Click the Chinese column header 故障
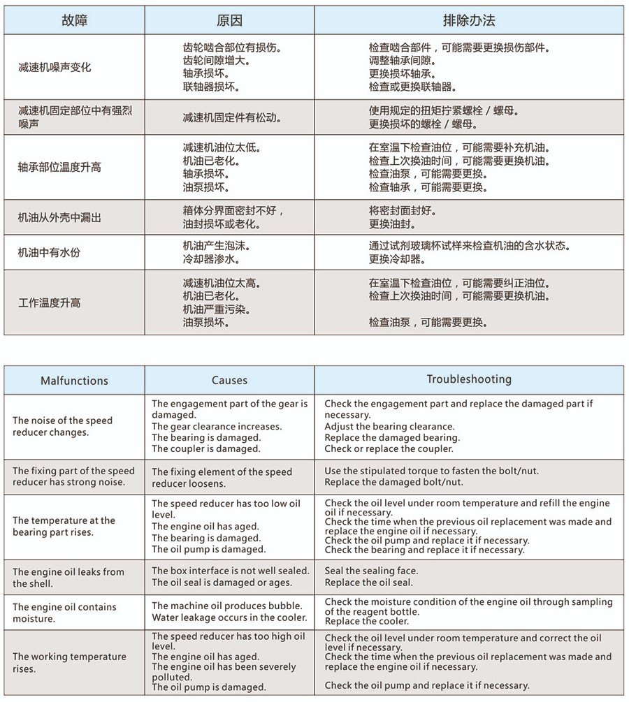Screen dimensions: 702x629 (x=74, y=20)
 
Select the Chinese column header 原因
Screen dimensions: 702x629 (x=229, y=20)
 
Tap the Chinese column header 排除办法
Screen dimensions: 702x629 (x=468, y=20)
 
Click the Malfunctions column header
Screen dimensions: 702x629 (x=74, y=381)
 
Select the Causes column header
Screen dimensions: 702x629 (x=229, y=381)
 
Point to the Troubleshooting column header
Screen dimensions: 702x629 (x=469, y=379)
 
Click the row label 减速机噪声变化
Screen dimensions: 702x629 (x=55, y=68)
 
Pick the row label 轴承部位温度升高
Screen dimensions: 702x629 (x=59, y=168)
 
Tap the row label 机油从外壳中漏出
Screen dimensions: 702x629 (x=59, y=218)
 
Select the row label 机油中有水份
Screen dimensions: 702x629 (x=49, y=252)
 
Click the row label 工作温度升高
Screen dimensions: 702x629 (x=49, y=303)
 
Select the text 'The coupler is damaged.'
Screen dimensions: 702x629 (x=206, y=449)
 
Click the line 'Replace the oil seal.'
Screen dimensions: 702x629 (x=369, y=583)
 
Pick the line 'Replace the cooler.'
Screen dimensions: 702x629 (x=367, y=622)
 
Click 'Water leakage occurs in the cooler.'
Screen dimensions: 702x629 (x=229, y=617)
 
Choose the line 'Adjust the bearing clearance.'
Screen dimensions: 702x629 (x=389, y=427)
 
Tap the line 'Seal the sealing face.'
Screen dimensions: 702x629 (x=371, y=571)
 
